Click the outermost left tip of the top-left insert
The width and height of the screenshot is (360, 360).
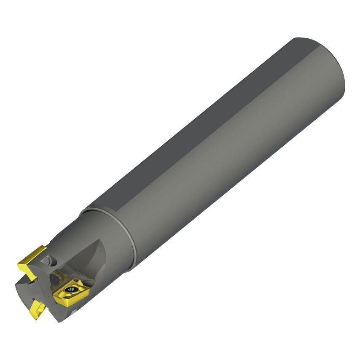pos(18,265)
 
